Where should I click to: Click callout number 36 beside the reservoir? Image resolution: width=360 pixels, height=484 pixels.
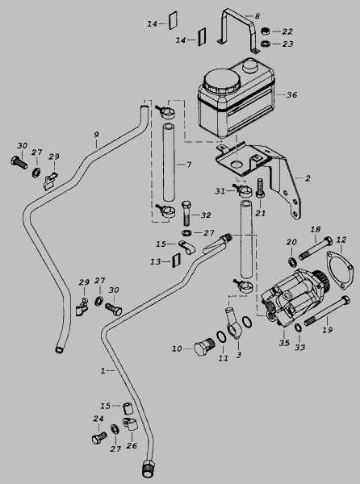291,94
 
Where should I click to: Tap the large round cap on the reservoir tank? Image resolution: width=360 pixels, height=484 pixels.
222,80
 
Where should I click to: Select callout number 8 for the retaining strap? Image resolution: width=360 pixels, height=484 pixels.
257,16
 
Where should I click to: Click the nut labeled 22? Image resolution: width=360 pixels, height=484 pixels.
266,31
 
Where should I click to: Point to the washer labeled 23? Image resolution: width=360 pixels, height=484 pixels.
265,44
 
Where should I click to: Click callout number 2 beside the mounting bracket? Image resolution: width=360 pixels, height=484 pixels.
308,178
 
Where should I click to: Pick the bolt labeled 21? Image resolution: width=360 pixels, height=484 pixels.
259,188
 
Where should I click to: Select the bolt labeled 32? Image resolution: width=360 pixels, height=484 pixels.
187,213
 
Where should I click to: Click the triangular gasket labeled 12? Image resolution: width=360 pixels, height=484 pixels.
340,271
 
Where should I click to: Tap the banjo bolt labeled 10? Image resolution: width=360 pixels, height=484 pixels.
203,346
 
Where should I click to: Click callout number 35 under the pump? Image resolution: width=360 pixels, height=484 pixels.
284,343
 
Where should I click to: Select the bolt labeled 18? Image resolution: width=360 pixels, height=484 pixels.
315,248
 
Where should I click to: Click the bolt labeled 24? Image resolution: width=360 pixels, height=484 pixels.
99,438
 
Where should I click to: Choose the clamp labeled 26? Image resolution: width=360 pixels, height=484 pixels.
128,423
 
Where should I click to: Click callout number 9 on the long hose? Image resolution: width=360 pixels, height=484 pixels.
96,135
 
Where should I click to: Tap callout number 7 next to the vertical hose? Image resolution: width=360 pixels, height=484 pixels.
189,165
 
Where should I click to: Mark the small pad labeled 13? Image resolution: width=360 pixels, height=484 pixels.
177,261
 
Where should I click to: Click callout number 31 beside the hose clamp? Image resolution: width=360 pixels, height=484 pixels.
220,191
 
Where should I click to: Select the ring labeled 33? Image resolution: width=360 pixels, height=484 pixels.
298,328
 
